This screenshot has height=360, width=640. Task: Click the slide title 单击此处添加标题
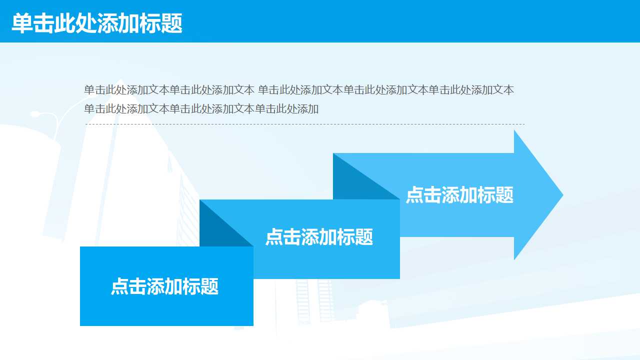97,23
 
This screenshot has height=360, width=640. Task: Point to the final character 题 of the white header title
172,23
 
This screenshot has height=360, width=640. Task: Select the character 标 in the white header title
150,23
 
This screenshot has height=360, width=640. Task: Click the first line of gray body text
298,90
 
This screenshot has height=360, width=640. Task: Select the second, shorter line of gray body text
201,108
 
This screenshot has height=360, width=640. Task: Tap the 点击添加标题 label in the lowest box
164,286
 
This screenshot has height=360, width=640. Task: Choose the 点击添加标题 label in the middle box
319,236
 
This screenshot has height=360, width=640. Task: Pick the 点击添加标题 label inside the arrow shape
459,195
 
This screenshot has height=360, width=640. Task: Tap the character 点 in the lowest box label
120,286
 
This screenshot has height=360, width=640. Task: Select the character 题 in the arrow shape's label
504,195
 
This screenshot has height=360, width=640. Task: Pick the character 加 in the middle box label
328,236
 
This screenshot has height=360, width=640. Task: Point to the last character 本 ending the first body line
508,90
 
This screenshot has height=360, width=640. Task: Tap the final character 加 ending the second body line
313,108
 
